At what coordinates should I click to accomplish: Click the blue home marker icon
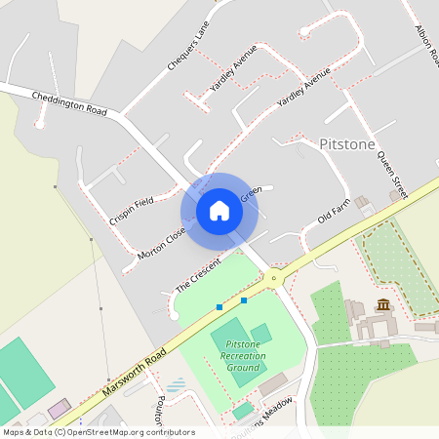[x=219, y=210]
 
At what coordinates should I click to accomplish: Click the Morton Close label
[x=162, y=240]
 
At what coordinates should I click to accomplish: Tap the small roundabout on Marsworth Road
[x=274, y=278]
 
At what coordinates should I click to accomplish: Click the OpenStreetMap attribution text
[x=99, y=432]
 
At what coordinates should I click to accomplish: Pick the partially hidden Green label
[x=251, y=196]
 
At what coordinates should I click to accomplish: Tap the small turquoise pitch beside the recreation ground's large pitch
[x=260, y=334]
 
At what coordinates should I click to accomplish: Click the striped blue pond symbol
[x=176, y=384]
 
